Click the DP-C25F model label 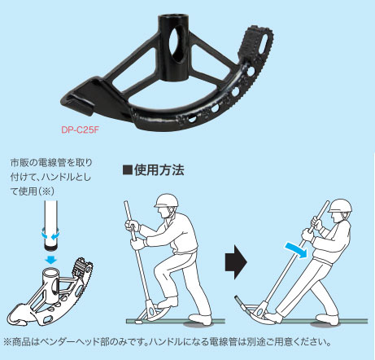coord(80,130)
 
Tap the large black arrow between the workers coord(236,262)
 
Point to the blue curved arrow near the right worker coord(297,250)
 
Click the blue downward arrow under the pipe coord(51,260)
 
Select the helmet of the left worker coord(167,200)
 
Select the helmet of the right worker coord(340,206)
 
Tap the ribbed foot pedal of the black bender coord(255,40)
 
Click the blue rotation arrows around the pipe coord(50,235)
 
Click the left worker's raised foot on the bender coord(168,302)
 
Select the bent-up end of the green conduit coord(240,301)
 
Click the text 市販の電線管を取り coord(51,163)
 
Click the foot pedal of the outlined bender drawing coord(81,266)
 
